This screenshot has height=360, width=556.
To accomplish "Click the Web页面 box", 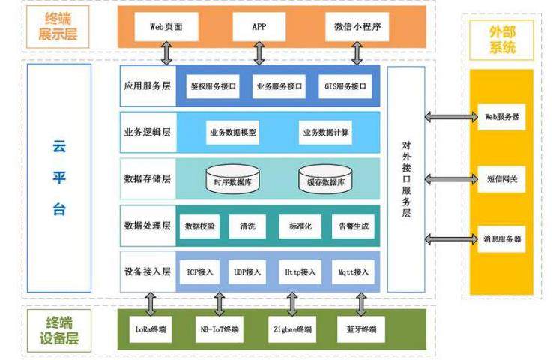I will click(166, 28).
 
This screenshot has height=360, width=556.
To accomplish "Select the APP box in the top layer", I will click(259, 28).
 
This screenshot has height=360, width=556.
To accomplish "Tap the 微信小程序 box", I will click(357, 28).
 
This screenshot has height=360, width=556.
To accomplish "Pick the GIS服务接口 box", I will click(345, 86).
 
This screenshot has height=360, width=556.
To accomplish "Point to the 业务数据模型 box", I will click(233, 133).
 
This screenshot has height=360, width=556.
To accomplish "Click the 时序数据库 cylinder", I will click(232, 181).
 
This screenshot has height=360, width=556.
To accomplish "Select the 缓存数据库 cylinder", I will click(326, 181).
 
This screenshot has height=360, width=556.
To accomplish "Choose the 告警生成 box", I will click(352, 226).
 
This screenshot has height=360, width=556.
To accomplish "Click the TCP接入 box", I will click(199, 271).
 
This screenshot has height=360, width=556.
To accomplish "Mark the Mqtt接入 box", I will click(352, 271).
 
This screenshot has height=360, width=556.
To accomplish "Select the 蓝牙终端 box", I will click(362, 328).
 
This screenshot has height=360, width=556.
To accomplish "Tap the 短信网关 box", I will click(501, 179).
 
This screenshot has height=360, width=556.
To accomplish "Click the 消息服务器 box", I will click(501, 239).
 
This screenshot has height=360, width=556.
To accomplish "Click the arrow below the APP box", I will click(259, 52).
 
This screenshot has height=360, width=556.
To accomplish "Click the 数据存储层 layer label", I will click(148, 179).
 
